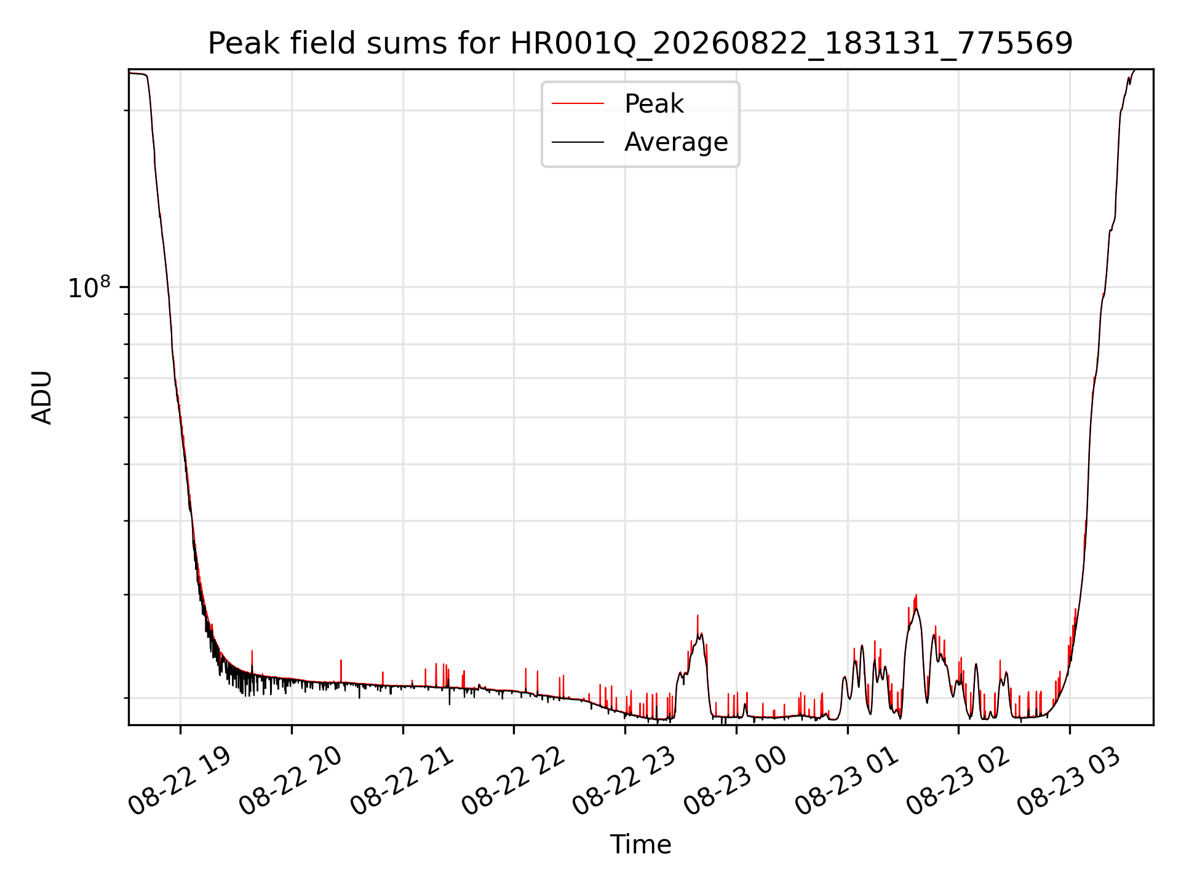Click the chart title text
(640, 44)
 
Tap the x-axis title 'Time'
(640, 844)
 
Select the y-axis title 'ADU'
(42, 397)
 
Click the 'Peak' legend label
(654, 104)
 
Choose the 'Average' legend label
(676, 142)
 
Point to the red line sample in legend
(578, 104)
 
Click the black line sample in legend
(578, 142)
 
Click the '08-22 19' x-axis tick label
(179, 781)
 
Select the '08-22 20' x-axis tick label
(290, 781)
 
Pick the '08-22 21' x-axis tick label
(402, 781)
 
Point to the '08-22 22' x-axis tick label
(513, 781)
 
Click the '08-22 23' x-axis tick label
(624, 781)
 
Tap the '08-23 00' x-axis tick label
(736, 781)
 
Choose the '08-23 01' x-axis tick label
(847, 781)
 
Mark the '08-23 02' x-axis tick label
(958, 781)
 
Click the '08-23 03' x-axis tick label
(1069, 781)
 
